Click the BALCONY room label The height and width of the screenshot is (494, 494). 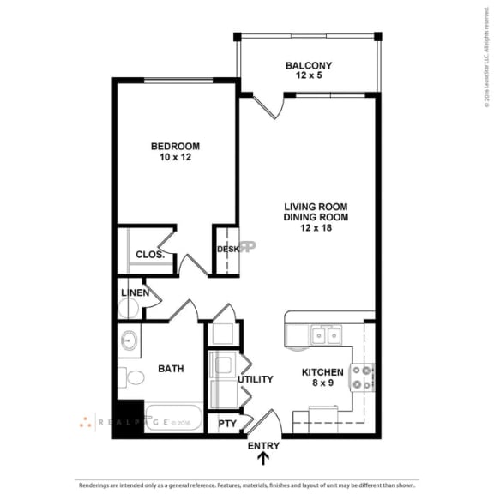coord(309,65)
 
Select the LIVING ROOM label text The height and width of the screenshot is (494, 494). coord(309,206)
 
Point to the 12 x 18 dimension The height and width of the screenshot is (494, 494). coord(309,228)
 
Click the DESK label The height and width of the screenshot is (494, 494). coord(227,250)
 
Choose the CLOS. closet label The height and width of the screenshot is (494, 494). coord(149,255)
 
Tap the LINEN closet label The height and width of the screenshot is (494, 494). coord(136,293)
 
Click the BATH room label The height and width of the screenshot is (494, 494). coord(170,369)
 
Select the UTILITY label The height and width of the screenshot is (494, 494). coord(256,379)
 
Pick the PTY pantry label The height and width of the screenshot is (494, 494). coord(227,424)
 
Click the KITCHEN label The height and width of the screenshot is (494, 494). coord(322,372)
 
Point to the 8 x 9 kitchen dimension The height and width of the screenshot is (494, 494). coord(322,383)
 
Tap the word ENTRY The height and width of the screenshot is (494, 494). coord(263,446)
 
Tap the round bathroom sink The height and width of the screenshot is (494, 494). coord(129,340)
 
